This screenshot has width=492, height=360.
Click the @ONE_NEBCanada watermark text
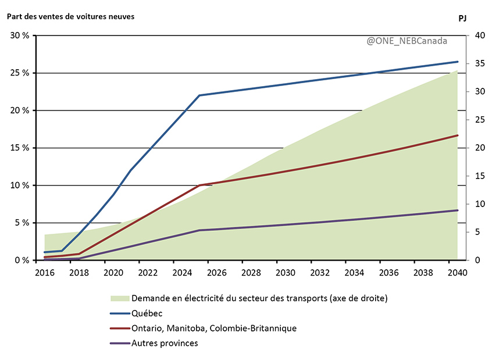pos(407,42)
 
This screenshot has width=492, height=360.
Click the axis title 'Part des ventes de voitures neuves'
pos(70,16)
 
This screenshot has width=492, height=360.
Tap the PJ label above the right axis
pos(462,18)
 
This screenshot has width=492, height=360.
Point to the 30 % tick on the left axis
pos(20,35)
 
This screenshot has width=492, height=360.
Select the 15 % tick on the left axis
pos(20,148)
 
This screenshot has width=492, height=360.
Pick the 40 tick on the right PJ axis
pos(480,35)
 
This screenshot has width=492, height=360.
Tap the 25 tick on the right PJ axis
pos(480,120)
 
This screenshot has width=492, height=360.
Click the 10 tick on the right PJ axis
pos(480,204)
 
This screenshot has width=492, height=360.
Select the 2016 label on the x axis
pos(44,272)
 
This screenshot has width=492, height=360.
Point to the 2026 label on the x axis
pos(216,272)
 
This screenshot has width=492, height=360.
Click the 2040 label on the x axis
pos(457,272)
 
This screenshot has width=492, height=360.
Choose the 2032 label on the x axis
pos(319,272)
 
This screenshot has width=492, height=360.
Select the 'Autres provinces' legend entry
pos(165,343)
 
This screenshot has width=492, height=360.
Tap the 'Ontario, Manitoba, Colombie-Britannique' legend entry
pos(214,329)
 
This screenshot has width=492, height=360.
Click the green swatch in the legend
pos(119,298)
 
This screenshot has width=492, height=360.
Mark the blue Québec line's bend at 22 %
pos(199,95)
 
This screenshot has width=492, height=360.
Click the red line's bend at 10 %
pos(199,186)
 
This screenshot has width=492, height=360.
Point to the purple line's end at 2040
pos(457,211)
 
